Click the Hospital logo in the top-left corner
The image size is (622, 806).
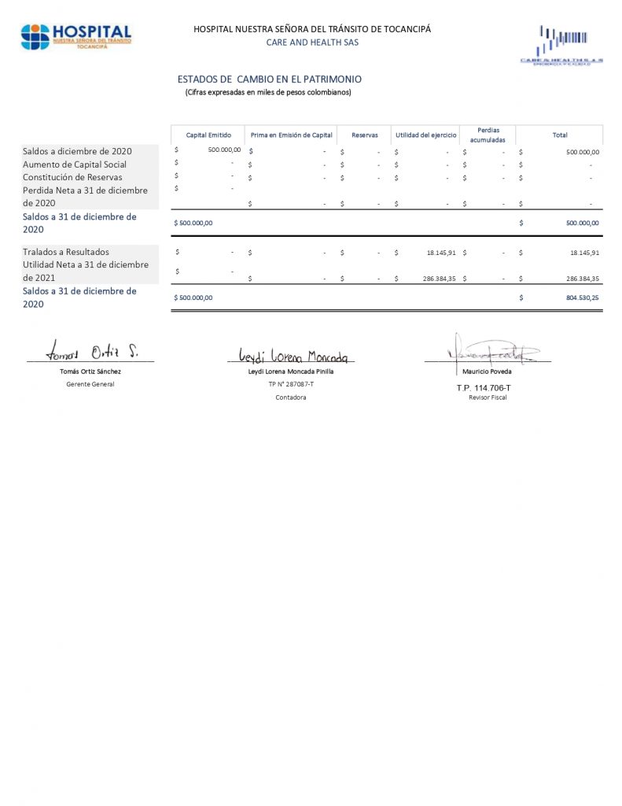[76, 36]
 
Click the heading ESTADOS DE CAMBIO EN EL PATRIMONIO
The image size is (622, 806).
[270, 79]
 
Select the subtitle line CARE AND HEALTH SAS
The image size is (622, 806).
[312, 43]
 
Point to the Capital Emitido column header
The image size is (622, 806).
[208, 135]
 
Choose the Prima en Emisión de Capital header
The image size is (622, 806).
[292, 135]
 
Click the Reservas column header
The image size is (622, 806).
[365, 135]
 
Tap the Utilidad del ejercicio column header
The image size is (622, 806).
[425, 135]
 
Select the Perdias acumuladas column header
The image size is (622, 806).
[488, 135]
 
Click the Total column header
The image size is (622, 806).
[560, 135]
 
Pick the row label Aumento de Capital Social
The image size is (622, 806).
[75, 165]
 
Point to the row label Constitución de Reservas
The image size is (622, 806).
[72, 177]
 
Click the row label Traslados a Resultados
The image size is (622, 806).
[66, 252]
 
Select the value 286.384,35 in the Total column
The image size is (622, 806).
[582, 279]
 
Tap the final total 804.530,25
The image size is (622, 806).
[582, 298]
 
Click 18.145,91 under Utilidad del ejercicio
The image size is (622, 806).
[440, 253]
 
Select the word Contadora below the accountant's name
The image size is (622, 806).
[291, 397]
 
